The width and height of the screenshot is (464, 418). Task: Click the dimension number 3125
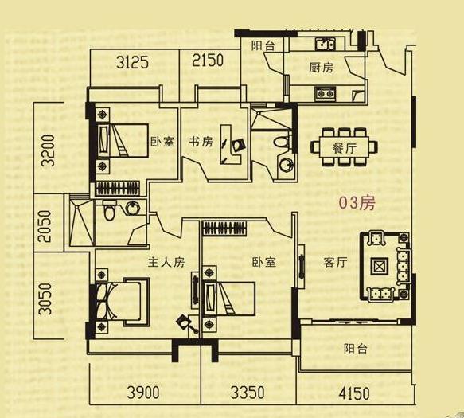click(x=132, y=62)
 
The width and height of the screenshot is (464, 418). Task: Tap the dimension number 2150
click(x=208, y=60)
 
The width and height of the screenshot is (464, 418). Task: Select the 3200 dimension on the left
click(x=48, y=150)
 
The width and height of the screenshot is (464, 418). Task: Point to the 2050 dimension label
click(x=45, y=226)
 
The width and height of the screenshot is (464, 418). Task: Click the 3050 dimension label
click(x=45, y=299)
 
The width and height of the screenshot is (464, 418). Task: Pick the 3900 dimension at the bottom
click(x=143, y=393)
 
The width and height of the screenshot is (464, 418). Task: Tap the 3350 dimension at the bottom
click(x=248, y=393)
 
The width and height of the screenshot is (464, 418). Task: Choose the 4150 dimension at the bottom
click(x=354, y=393)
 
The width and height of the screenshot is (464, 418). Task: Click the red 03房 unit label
click(x=357, y=203)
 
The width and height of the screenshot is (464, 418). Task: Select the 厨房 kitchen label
click(x=322, y=68)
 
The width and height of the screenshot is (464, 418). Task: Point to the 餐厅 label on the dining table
click(x=344, y=148)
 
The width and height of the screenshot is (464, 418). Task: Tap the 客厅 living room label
click(x=335, y=262)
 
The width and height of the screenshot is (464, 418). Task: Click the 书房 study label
click(x=201, y=142)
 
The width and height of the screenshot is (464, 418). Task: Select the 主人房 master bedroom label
click(x=166, y=262)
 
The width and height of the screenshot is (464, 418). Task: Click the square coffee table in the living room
click(x=379, y=267)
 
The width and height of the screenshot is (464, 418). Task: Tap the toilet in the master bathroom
click(x=110, y=210)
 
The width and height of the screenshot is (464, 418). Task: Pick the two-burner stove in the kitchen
click(x=326, y=93)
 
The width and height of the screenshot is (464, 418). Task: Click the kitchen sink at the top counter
click(x=326, y=44)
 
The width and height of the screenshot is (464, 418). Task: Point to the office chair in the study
click(x=238, y=146)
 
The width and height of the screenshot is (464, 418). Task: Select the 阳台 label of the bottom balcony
click(x=356, y=349)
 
